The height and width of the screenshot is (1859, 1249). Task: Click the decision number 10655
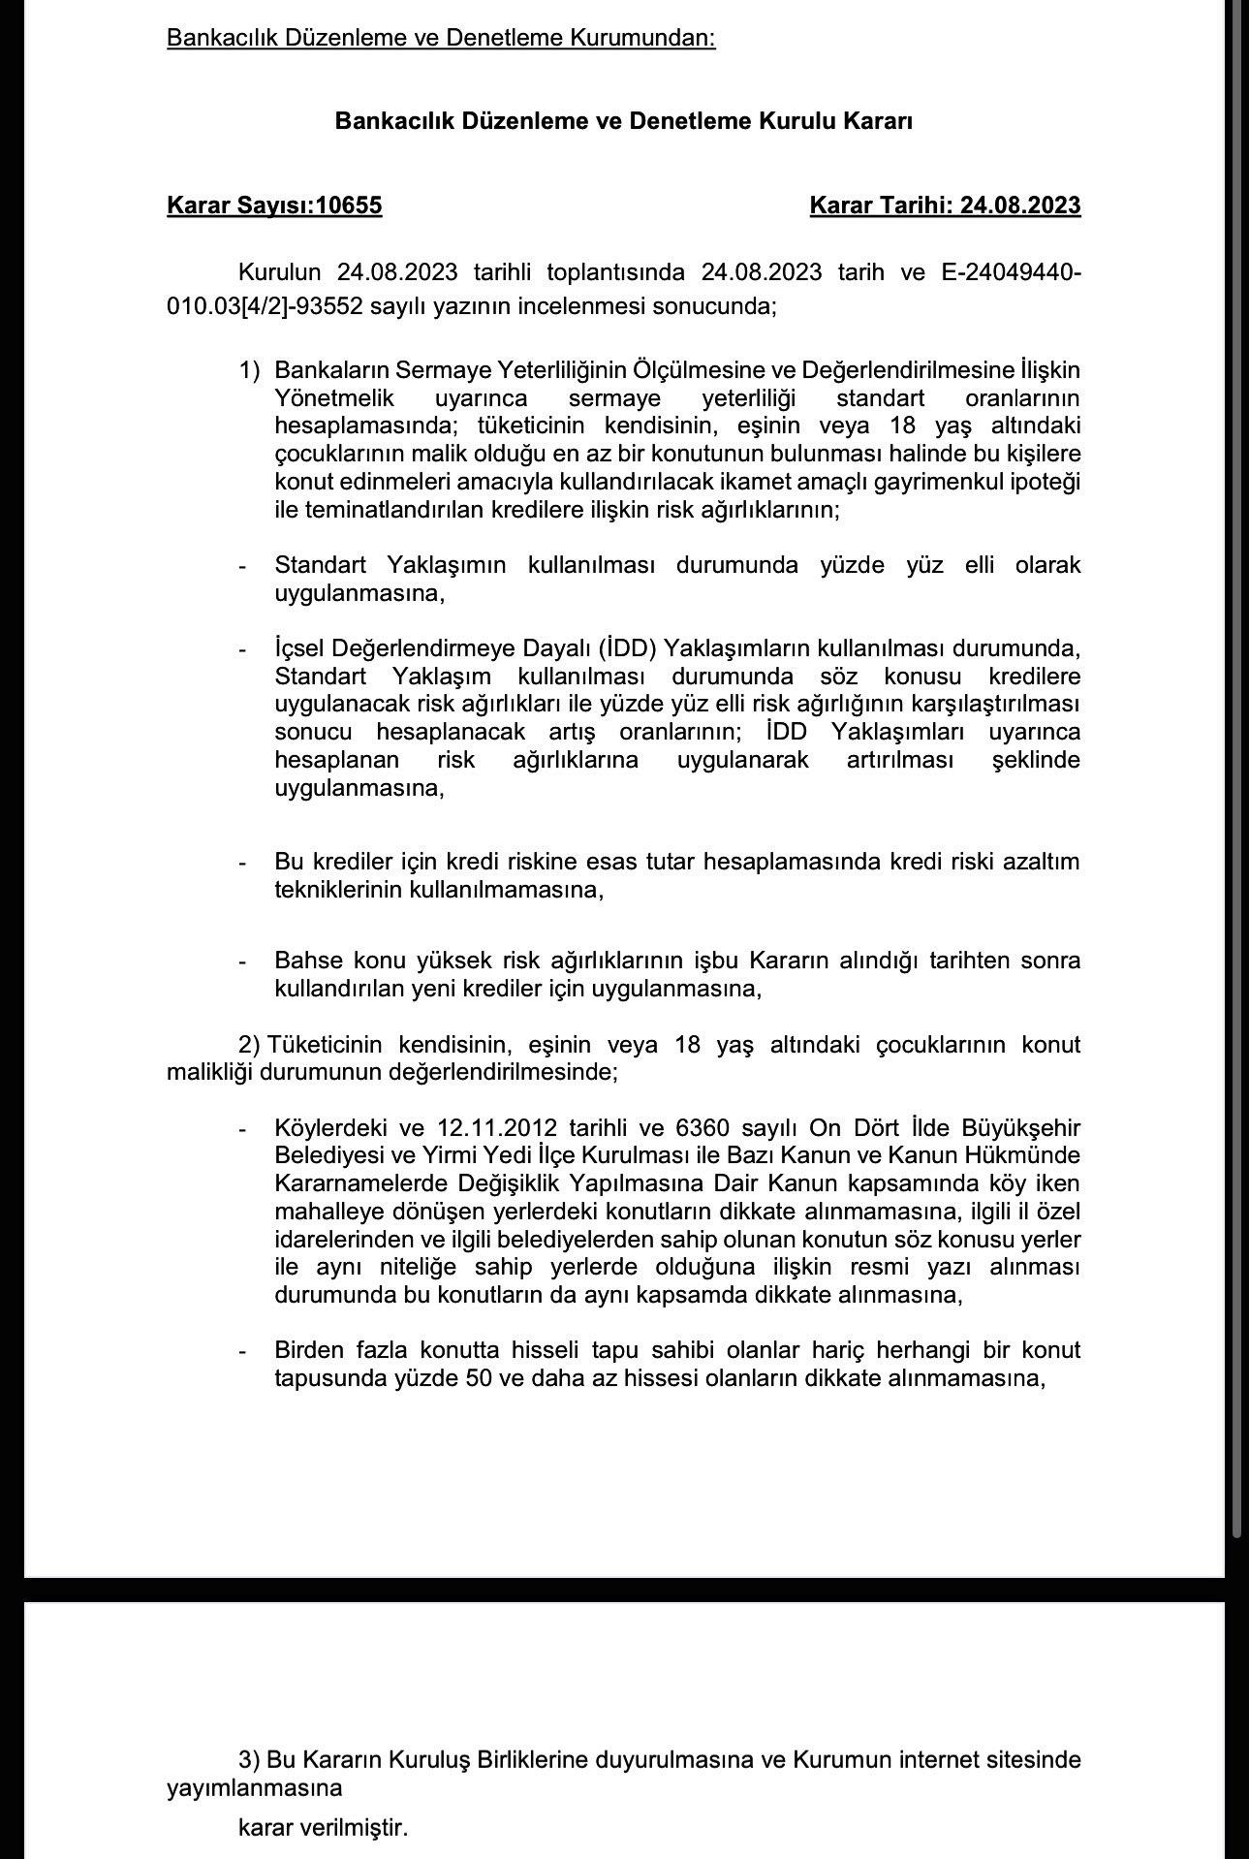click(350, 205)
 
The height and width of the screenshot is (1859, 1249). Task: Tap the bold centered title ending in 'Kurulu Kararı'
click(624, 121)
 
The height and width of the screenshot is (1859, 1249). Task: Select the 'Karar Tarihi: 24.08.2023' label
click(945, 205)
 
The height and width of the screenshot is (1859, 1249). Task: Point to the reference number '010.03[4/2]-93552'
click(253, 306)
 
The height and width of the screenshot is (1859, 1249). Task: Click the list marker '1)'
click(250, 370)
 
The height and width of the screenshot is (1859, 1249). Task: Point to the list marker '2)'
click(250, 1045)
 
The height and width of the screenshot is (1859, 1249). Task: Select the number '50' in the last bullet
click(484, 1378)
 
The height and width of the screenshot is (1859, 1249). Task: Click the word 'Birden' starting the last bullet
click(308, 1350)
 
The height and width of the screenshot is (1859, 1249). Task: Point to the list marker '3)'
click(249, 1759)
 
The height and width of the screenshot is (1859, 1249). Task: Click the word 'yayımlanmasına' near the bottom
click(255, 1787)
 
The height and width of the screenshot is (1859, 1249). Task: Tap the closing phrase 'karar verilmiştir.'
click(323, 1829)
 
